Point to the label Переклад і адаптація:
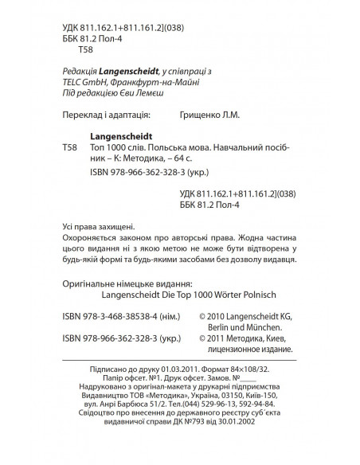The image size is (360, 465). (104, 115)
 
